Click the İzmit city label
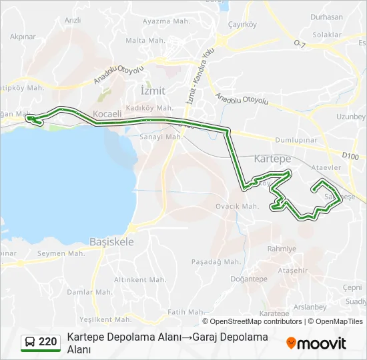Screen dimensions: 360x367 coord(153,90)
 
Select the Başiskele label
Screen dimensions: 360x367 coord(112,242)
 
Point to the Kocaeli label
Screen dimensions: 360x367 coord(107,114)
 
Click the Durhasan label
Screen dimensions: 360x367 coord(326,18)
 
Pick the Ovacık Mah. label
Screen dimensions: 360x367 coord(237,206)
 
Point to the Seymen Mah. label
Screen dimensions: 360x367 coord(61,253)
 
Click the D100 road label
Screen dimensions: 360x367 coord(350,155)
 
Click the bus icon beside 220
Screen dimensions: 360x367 coord(30,342)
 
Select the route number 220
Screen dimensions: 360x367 coord(47,342)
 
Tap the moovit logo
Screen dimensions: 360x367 coord(316,343)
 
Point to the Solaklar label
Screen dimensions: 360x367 coord(327,35)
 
